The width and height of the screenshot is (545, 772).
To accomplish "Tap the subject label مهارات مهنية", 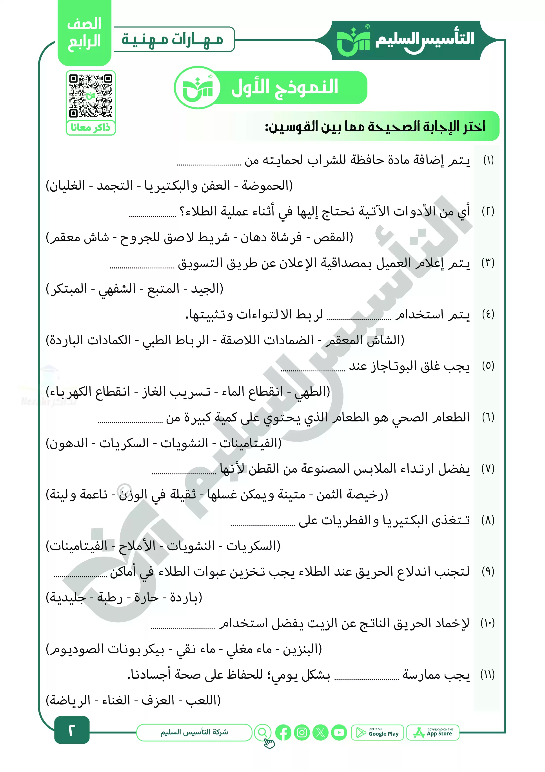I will [172, 39].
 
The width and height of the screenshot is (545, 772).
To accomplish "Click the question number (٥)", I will [488, 366].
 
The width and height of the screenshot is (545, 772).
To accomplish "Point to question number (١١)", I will [488, 675].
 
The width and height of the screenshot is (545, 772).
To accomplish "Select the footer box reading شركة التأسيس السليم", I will [194, 732].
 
